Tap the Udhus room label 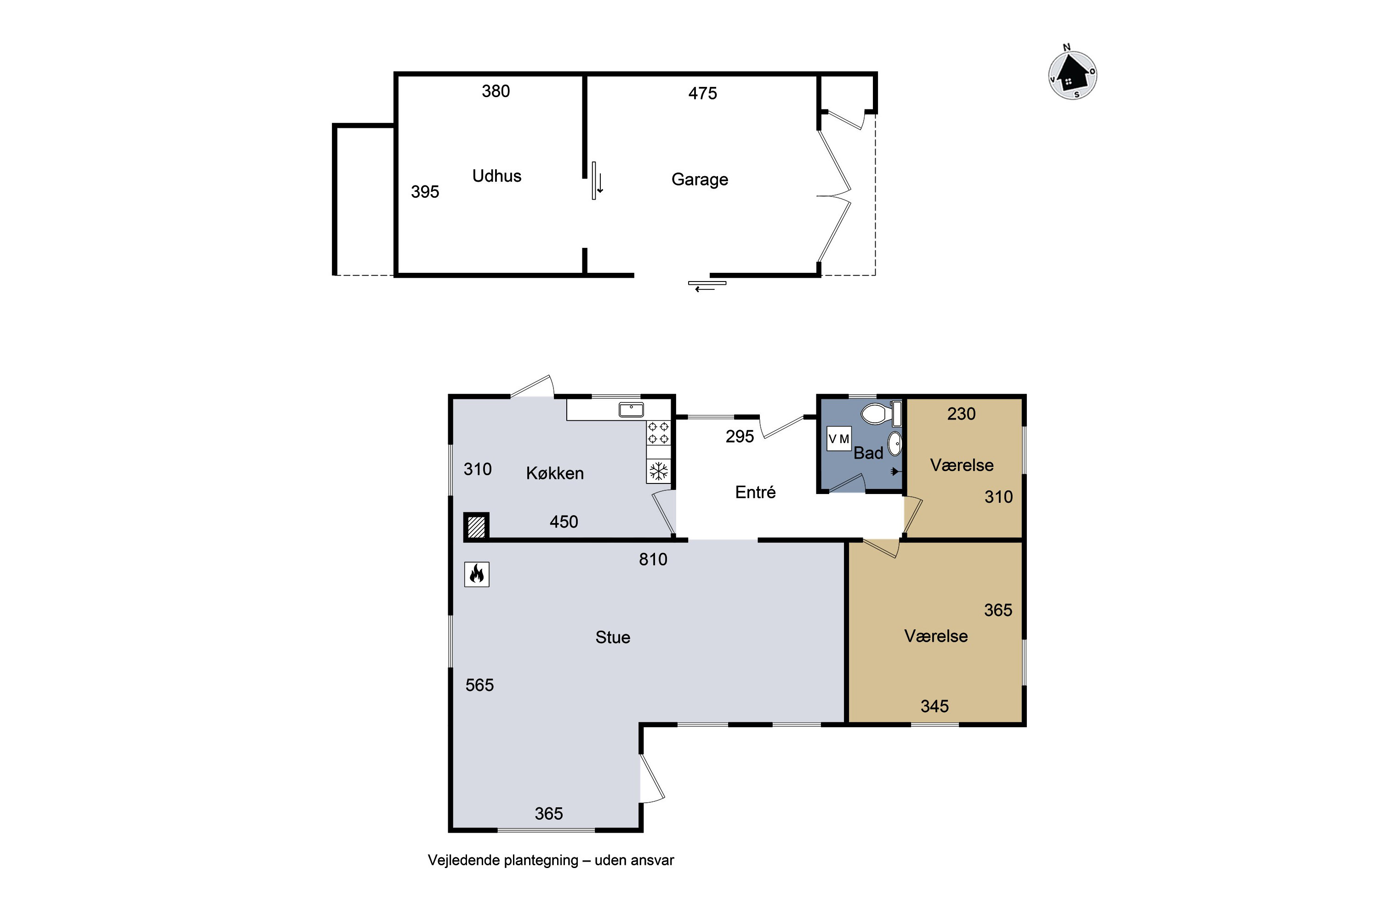496,176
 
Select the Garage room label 700,179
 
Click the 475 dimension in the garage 702,93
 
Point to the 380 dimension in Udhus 496,91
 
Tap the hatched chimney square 476,526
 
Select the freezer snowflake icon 658,471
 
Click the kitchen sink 631,409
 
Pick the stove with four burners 658,433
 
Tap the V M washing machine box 838,439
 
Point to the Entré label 755,492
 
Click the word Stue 613,637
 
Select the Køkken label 555,473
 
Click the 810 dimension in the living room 653,559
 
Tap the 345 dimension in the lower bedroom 934,706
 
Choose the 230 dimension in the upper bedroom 962,414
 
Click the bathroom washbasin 895,443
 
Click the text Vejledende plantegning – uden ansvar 551,861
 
